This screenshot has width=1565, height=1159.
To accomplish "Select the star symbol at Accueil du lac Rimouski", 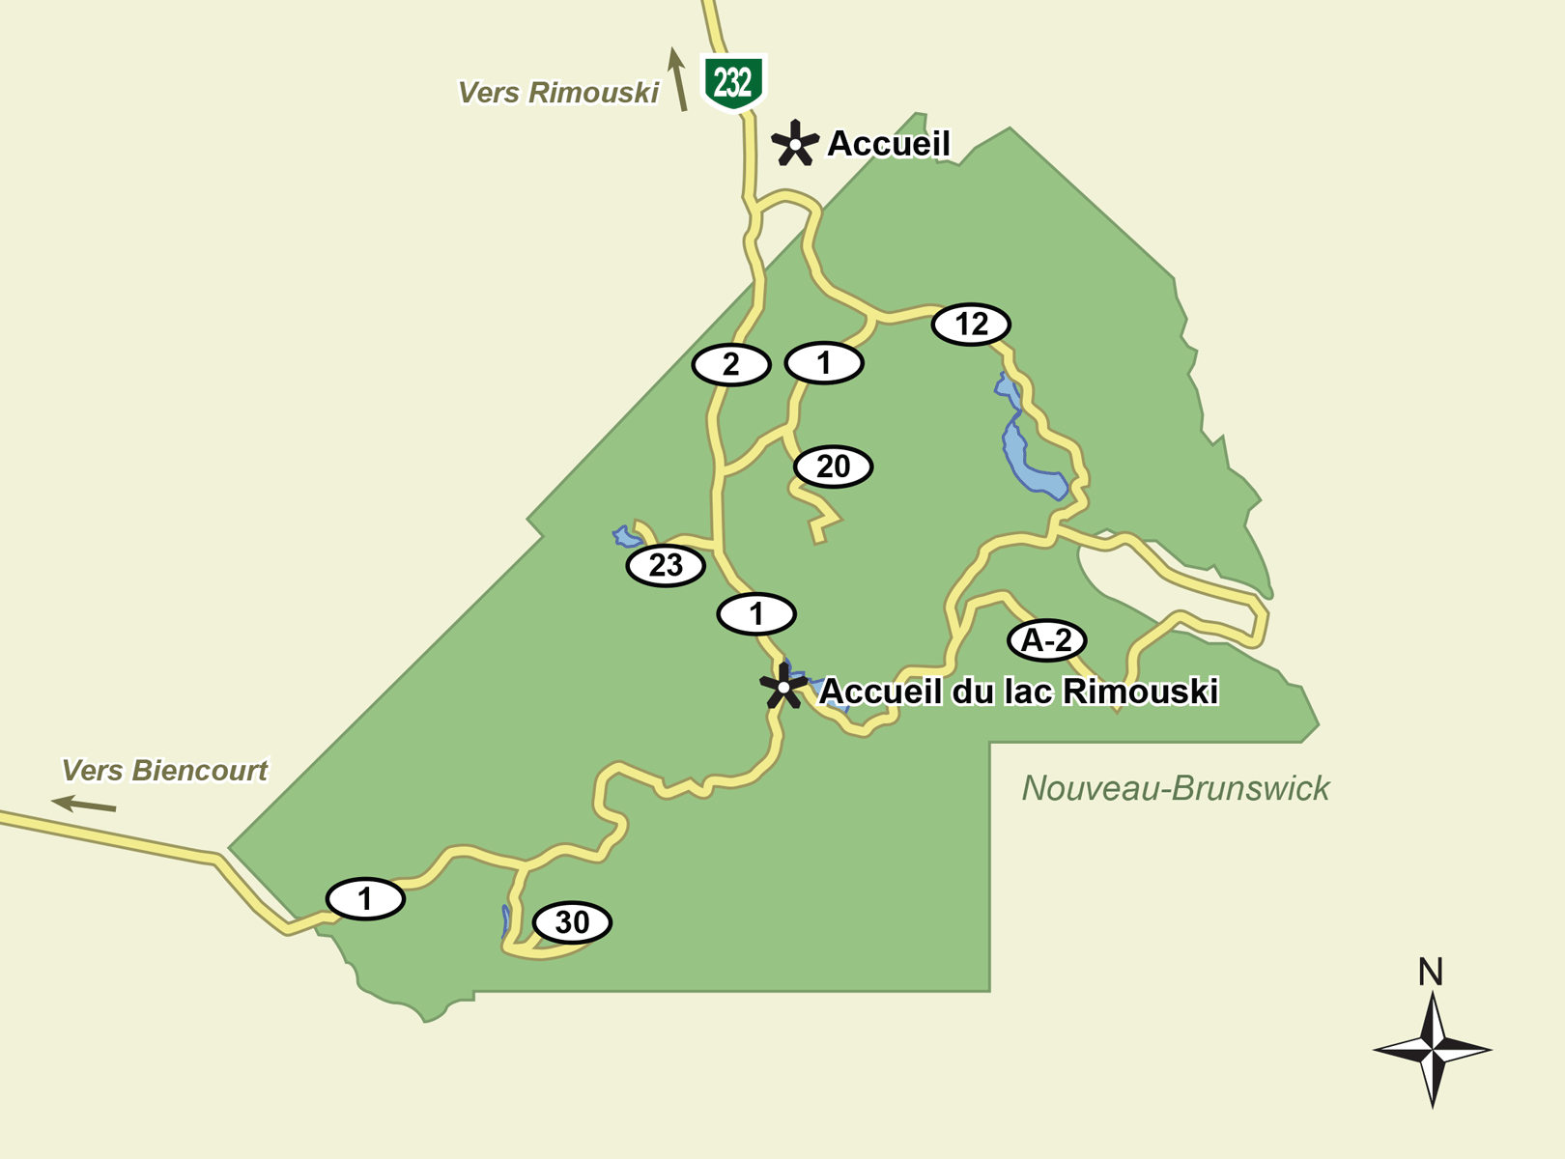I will pos(782,688).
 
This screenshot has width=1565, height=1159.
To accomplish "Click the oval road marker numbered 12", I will pos(971,325).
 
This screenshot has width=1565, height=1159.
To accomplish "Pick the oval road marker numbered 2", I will pos(731,365).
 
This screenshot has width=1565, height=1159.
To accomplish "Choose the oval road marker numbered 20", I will pos(833,467).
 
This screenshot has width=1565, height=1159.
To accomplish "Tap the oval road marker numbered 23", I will pos(666,566).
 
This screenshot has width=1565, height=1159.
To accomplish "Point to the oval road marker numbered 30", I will pos(572,923).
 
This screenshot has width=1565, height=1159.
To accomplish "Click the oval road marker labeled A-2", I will pos(1046,640).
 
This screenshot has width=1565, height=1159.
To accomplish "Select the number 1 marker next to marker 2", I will pos(824,364).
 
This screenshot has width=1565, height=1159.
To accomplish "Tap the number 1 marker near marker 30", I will pos(365,899).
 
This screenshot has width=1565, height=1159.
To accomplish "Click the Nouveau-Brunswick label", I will pos(1176,789).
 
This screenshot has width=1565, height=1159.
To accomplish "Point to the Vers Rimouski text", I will pos(557,93).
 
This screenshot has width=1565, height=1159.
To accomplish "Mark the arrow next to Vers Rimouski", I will pos(678,79).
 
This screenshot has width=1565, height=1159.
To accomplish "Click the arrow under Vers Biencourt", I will pos(84,804).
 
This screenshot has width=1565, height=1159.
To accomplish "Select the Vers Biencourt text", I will pos(164,771).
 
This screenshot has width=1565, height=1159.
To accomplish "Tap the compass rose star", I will pos(1433,1049).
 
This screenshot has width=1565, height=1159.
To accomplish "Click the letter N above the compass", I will pos(1431,972).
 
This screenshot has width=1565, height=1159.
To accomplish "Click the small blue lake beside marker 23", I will pos(626,536).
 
